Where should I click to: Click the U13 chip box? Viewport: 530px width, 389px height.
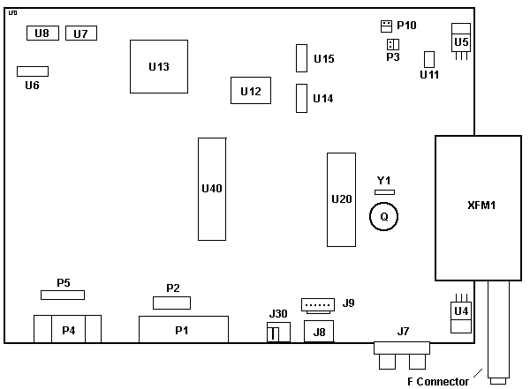pos(159,66)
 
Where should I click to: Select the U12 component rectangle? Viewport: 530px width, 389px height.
pos(250,91)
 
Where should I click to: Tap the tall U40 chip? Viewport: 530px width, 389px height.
pos(211,189)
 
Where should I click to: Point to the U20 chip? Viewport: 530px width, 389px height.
pos(340,199)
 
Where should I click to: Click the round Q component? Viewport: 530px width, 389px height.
pos(383,215)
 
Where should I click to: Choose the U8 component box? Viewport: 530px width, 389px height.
pos(42,34)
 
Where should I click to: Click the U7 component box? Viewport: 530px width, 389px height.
pos(80,34)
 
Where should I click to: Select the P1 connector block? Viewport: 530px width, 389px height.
pos(183,330)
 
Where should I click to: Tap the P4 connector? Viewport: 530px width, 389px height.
pos(67,330)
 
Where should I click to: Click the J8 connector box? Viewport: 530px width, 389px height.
pos(319,332)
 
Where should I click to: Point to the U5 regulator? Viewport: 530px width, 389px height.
pos(460,41)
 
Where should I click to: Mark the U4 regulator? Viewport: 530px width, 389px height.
pos(460,311)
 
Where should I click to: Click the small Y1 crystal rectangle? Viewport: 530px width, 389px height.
pos(383,191)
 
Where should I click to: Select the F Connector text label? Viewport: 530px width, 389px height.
pos(437,381)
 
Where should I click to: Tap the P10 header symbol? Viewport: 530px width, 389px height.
pos(386,25)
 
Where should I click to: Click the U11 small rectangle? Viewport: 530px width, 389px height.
pos(429,59)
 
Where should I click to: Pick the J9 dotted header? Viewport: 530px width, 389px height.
pos(317,304)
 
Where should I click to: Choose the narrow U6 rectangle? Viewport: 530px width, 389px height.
pos(33,71)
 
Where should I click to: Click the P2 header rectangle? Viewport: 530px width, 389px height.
pos(171,303)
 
